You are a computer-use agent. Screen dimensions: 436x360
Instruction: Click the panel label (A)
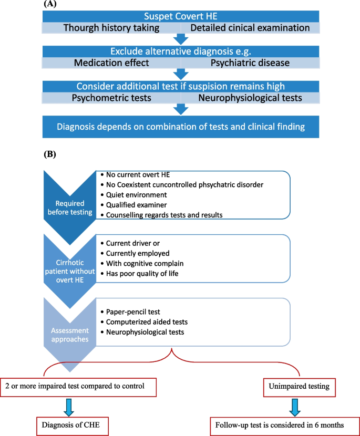click(x=51, y=3)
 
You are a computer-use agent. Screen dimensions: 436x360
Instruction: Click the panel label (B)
click(x=51, y=155)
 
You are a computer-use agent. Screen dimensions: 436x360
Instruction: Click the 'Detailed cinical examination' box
click(x=250, y=28)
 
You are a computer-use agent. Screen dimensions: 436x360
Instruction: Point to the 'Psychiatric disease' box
click(x=250, y=63)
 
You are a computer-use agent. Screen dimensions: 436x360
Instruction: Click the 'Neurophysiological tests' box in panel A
click(x=250, y=97)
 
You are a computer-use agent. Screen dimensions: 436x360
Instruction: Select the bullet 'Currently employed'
click(x=138, y=253)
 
